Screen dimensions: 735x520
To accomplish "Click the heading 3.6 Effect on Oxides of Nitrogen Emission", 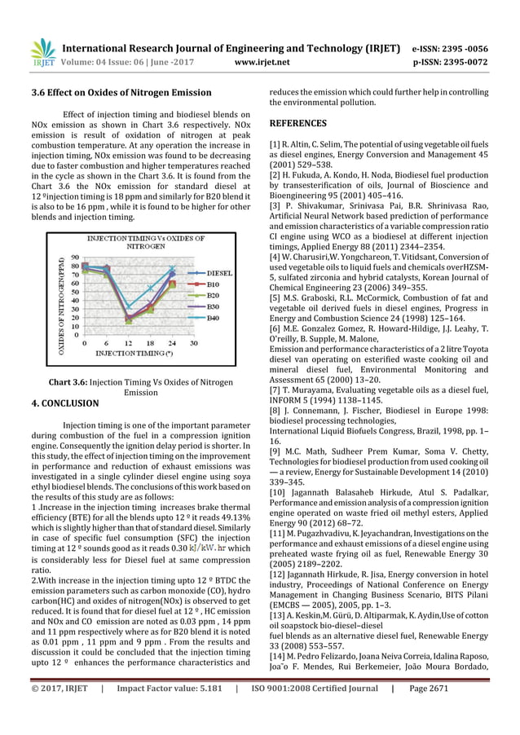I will point(121,93).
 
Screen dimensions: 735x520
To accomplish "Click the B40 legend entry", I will point(212,317).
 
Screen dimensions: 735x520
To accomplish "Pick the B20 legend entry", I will point(212,294).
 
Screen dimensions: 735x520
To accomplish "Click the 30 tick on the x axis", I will point(193,344).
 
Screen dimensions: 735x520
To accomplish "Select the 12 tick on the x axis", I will point(129,344).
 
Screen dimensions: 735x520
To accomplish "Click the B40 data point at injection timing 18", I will point(150,288).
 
